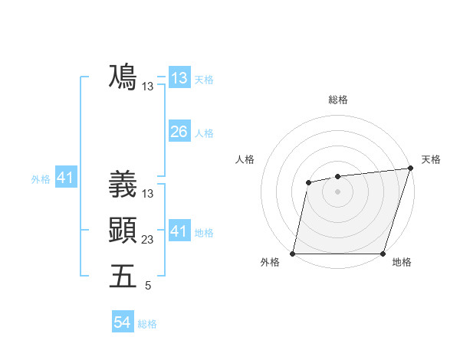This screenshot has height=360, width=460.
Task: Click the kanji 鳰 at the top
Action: click(123, 77)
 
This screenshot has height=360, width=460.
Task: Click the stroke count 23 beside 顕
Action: click(148, 240)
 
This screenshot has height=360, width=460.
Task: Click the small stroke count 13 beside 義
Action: click(148, 194)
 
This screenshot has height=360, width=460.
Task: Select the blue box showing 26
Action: click(179, 131)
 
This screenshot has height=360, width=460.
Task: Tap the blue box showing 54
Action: click(122, 322)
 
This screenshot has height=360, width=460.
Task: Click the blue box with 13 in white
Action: click(179, 77)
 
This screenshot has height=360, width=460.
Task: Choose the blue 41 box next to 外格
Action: click(64, 178)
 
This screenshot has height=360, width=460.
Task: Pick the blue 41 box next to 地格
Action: click(179, 231)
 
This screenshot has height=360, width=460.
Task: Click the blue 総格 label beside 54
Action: click(147, 324)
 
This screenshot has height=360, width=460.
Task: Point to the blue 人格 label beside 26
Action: click(204, 133)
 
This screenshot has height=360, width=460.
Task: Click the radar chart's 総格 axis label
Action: click(338, 100)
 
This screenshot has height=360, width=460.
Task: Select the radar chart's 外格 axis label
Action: click(270, 263)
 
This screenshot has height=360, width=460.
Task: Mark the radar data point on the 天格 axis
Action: click(411, 169)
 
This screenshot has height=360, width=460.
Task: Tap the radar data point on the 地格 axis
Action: click(383, 254)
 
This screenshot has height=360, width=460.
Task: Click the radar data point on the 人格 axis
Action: click(308, 182)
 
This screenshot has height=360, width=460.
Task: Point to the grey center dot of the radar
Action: click(337, 191)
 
